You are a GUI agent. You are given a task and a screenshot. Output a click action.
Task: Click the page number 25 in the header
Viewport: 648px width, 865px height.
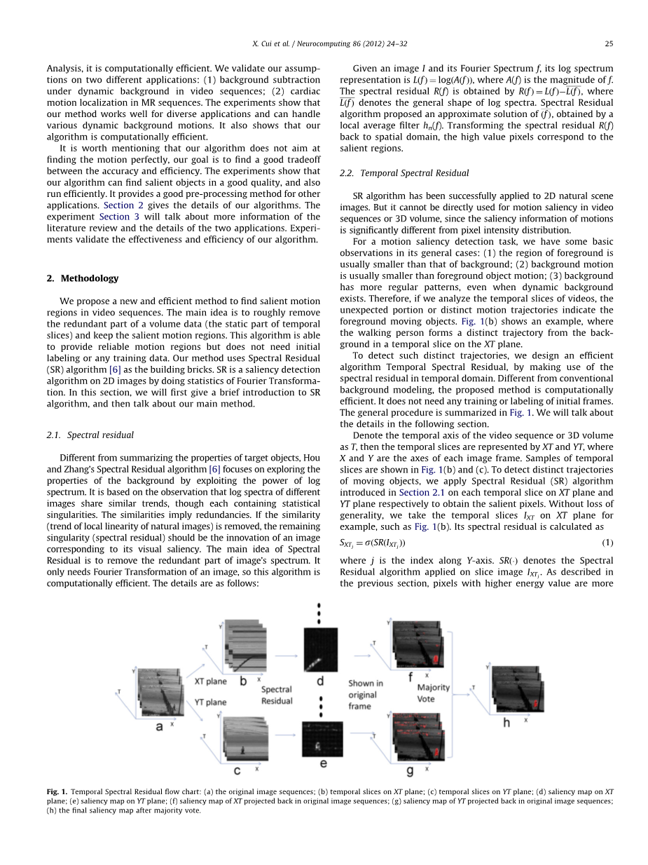pos(609,43)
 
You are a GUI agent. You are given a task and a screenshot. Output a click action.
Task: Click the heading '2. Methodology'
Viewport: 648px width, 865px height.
pos(83,278)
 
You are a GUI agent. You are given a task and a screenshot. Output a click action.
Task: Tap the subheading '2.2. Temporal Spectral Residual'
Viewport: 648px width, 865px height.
pos(404,172)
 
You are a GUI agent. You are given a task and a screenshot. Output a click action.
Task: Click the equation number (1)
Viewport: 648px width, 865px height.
pos(607,543)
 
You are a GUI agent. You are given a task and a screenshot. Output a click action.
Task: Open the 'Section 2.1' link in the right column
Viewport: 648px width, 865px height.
pos(414,492)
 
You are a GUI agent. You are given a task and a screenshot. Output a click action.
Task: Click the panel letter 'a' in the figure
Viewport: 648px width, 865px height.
pos(159,726)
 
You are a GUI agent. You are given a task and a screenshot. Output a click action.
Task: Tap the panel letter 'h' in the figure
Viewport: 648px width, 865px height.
pos(506,722)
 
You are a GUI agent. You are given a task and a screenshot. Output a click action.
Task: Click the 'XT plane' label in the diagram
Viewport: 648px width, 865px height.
pos(210,681)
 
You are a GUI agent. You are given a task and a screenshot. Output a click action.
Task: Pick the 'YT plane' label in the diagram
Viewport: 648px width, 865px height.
pos(210,702)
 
